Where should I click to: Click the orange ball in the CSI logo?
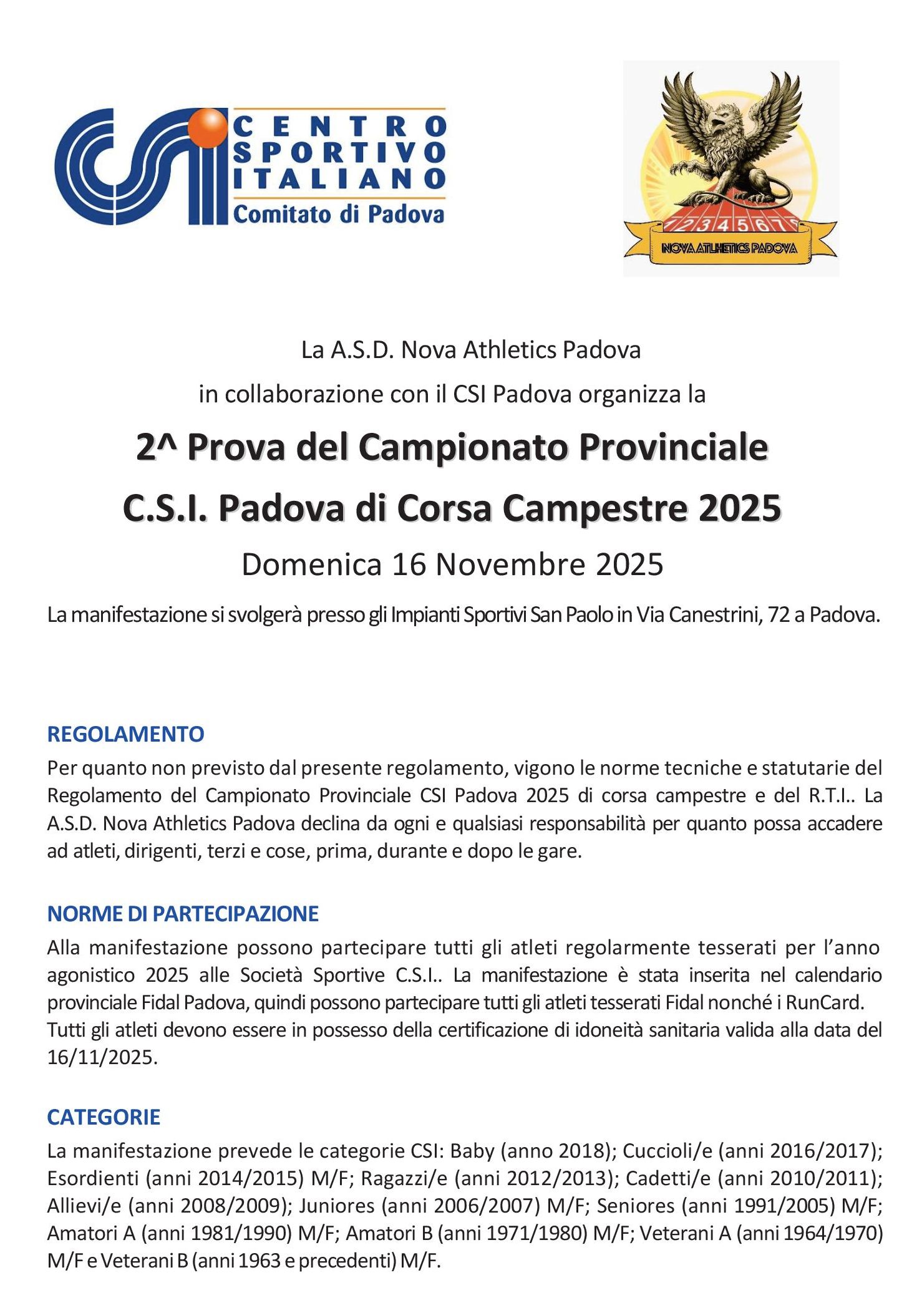tap(207, 127)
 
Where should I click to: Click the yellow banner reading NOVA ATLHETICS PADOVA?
tap(729, 248)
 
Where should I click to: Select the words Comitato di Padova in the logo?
tap(338, 214)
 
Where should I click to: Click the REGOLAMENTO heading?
tap(125, 734)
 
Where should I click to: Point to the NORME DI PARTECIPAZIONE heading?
tap(183, 914)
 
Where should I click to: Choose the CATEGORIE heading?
tap(104, 1117)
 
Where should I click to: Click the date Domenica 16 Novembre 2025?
tap(452, 564)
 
